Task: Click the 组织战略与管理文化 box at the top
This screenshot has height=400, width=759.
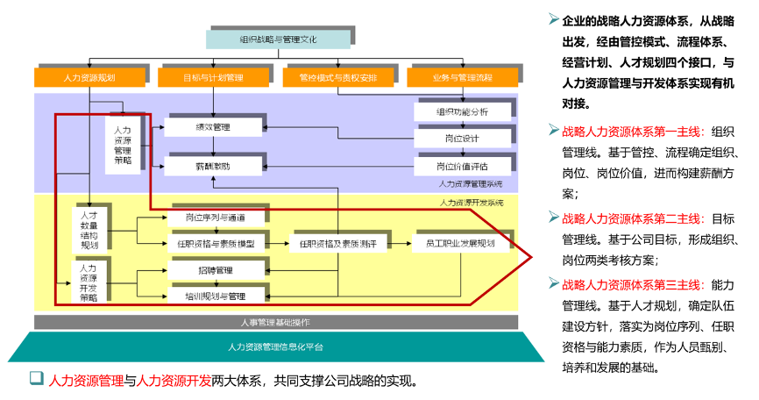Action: pos(279,39)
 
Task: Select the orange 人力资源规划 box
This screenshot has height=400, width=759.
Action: pos(89,77)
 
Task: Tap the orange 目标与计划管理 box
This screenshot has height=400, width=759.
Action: pos(214,77)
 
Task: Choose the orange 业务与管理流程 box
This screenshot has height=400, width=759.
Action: pos(462,77)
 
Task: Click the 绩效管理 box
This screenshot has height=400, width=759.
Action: pos(213,127)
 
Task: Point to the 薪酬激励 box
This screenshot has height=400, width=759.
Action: pos(213,165)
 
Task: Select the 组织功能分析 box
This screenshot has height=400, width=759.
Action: pos(462,112)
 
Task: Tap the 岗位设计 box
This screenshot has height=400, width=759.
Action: pos(462,139)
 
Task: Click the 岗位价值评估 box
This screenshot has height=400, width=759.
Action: pos(462,165)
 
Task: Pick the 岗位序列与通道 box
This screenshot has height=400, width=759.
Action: pos(215,217)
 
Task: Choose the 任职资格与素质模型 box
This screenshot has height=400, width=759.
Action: pos(215,244)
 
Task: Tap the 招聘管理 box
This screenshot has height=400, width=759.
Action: pos(215,270)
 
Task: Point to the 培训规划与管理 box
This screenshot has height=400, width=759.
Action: pos(215,296)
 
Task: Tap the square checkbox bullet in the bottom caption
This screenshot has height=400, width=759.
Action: pos(36,379)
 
